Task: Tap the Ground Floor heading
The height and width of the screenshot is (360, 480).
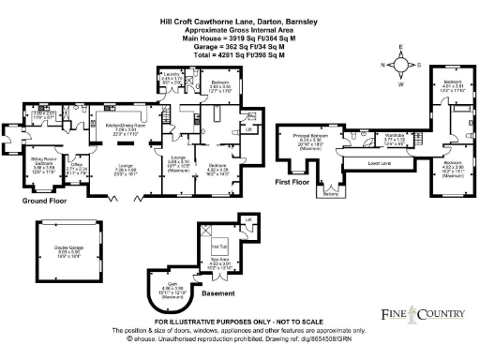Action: (42, 199)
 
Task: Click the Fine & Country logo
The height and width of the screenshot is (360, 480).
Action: (424, 313)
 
